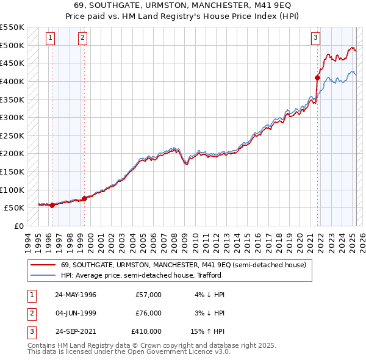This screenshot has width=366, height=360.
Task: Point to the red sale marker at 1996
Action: pyautogui.click(x=52, y=205)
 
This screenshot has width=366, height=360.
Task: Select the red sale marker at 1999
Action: pyautogui.click(x=84, y=198)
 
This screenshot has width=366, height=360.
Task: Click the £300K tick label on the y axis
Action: pyautogui.click(x=12, y=117)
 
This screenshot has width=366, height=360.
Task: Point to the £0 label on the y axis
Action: pyautogui.click(x=18, y=226)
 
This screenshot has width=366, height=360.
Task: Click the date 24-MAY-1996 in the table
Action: pyautogui.click(x=76, y=295)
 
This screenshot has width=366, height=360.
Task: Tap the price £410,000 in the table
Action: pyautogui.click(x=146, y=331)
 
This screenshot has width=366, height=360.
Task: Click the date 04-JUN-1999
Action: pyautogui.click(x=76, y=313)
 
